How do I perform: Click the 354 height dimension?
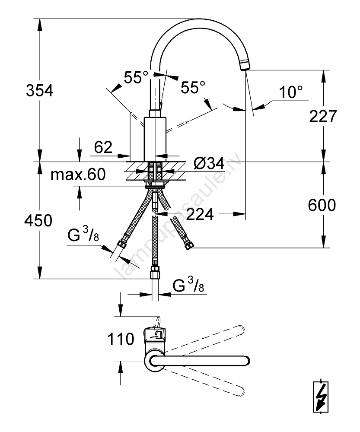click(x=39, y=91)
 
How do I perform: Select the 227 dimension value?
click(x=322, y=116)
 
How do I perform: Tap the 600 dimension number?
click(x=322, y=205)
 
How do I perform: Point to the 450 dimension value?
click(x=39, y=221)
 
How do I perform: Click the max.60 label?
click(x=78, y=175)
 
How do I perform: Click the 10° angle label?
click(x=290, y=92)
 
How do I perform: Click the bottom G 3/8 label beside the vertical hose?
click(x=188, y=286)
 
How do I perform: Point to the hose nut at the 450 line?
click(x=154, y=274)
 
